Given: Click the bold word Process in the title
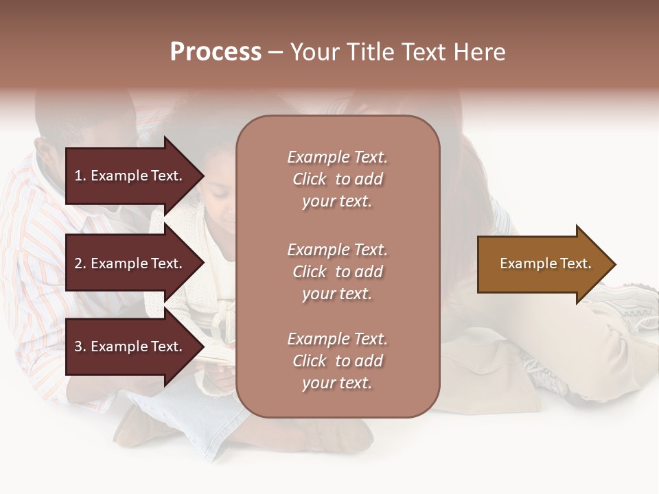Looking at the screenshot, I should click(x=216, y=52).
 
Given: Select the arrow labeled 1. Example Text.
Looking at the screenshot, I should click(x=130, y=176).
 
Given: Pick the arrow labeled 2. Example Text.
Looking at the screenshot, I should click(x=130, y=263).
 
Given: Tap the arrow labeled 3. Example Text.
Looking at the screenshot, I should click(x=130, y=346).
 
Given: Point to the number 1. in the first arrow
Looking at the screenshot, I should click(x=80, y=176).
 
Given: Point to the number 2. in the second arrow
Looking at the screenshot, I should click(x=80, y=263).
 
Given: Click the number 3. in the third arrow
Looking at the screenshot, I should click(x=80, y=346).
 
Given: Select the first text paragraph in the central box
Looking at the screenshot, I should click(x=337, y=179).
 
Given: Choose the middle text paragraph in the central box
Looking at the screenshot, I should click(x=337, y=272).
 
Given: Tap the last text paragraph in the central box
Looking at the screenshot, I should click(x=337, y=361).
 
